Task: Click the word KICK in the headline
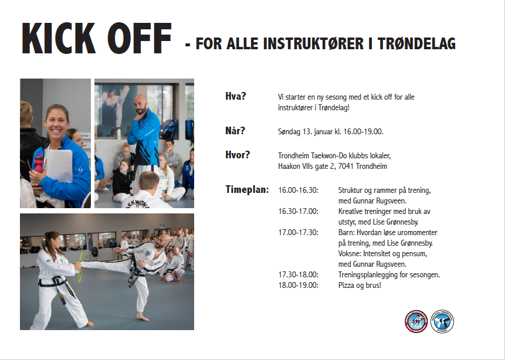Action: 59,38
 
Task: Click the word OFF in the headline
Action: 140,38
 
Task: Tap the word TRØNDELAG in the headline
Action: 416,44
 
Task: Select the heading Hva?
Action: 235,96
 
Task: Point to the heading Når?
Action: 235,130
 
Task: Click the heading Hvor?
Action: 238,155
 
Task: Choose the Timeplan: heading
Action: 247,189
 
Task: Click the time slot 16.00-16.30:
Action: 298,191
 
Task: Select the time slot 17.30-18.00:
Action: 298,274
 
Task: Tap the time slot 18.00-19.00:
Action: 298,285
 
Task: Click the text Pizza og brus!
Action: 360,286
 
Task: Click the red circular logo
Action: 416,321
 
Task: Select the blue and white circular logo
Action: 442,321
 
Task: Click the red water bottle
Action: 38,163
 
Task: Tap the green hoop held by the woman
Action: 81,268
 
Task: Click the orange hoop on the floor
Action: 174,279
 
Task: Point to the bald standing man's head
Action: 141,104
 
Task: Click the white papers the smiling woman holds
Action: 59,166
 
